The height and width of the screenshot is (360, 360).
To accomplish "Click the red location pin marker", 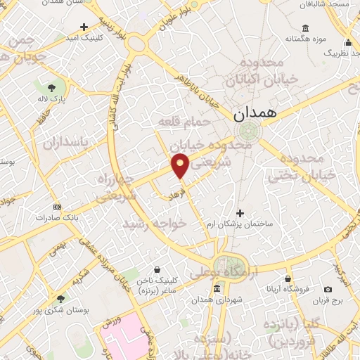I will click(180, 166).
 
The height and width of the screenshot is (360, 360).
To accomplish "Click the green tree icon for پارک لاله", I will click(52, 89).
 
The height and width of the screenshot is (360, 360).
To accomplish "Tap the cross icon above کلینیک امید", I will click(85, 27).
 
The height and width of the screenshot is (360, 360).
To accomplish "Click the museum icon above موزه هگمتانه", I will click(305, 29).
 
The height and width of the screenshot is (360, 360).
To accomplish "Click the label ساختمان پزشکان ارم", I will click(241, 224).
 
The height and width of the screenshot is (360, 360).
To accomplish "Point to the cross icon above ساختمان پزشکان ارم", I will click(240, 212).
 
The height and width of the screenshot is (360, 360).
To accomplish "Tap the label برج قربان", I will click(328, 300).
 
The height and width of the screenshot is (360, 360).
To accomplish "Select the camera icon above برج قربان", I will click(328, 289).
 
